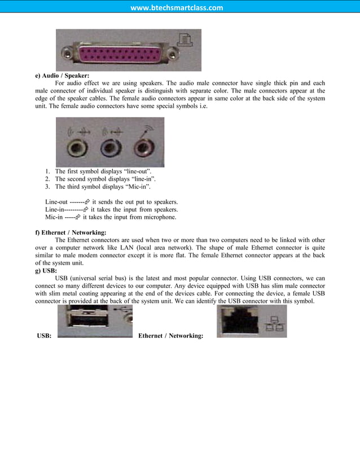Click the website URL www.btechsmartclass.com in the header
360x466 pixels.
coord(177,8)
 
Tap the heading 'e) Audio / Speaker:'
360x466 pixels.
coord(62,75)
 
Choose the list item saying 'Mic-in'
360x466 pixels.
coord(102,186)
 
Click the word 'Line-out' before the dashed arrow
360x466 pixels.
coord(56,201)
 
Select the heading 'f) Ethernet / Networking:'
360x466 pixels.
coord(71,232)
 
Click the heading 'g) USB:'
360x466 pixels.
coord(46,271)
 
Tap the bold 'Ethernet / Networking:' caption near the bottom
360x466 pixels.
coord(170,336)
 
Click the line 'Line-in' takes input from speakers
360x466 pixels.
coord(111,209)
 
